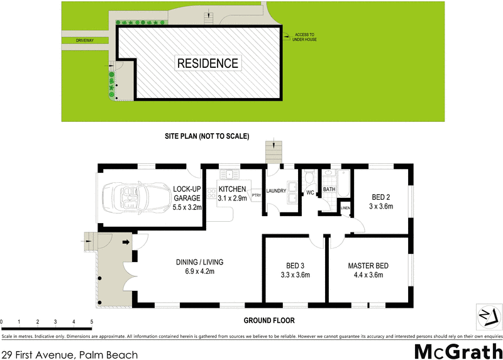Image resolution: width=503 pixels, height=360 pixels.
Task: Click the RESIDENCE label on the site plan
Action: pyautogui.click(x=207, y=63)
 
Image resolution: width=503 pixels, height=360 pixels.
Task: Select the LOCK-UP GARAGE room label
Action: pyautogui.click(x=187, y=197)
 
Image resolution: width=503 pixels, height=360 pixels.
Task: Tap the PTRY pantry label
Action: pyautogui.click(x=256, y=195)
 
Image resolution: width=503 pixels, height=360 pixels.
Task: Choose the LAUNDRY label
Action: pyautogui.click(x=277, y=191)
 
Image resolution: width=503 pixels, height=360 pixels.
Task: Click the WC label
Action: pyautogui.click(x=310, y=193)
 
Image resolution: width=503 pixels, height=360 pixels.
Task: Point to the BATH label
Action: pyautogui.click(x=329, y=189)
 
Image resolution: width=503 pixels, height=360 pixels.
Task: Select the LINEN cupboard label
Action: pyautogui.click(x=345, y=208)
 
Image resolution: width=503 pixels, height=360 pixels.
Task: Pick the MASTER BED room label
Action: pyautogui.click(x=368, y=270)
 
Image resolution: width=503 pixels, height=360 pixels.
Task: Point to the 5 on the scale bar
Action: pyautogui.click(x=92, y=322)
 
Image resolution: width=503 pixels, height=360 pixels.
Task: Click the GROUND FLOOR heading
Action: pyautogui.click(x=269, y=320)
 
